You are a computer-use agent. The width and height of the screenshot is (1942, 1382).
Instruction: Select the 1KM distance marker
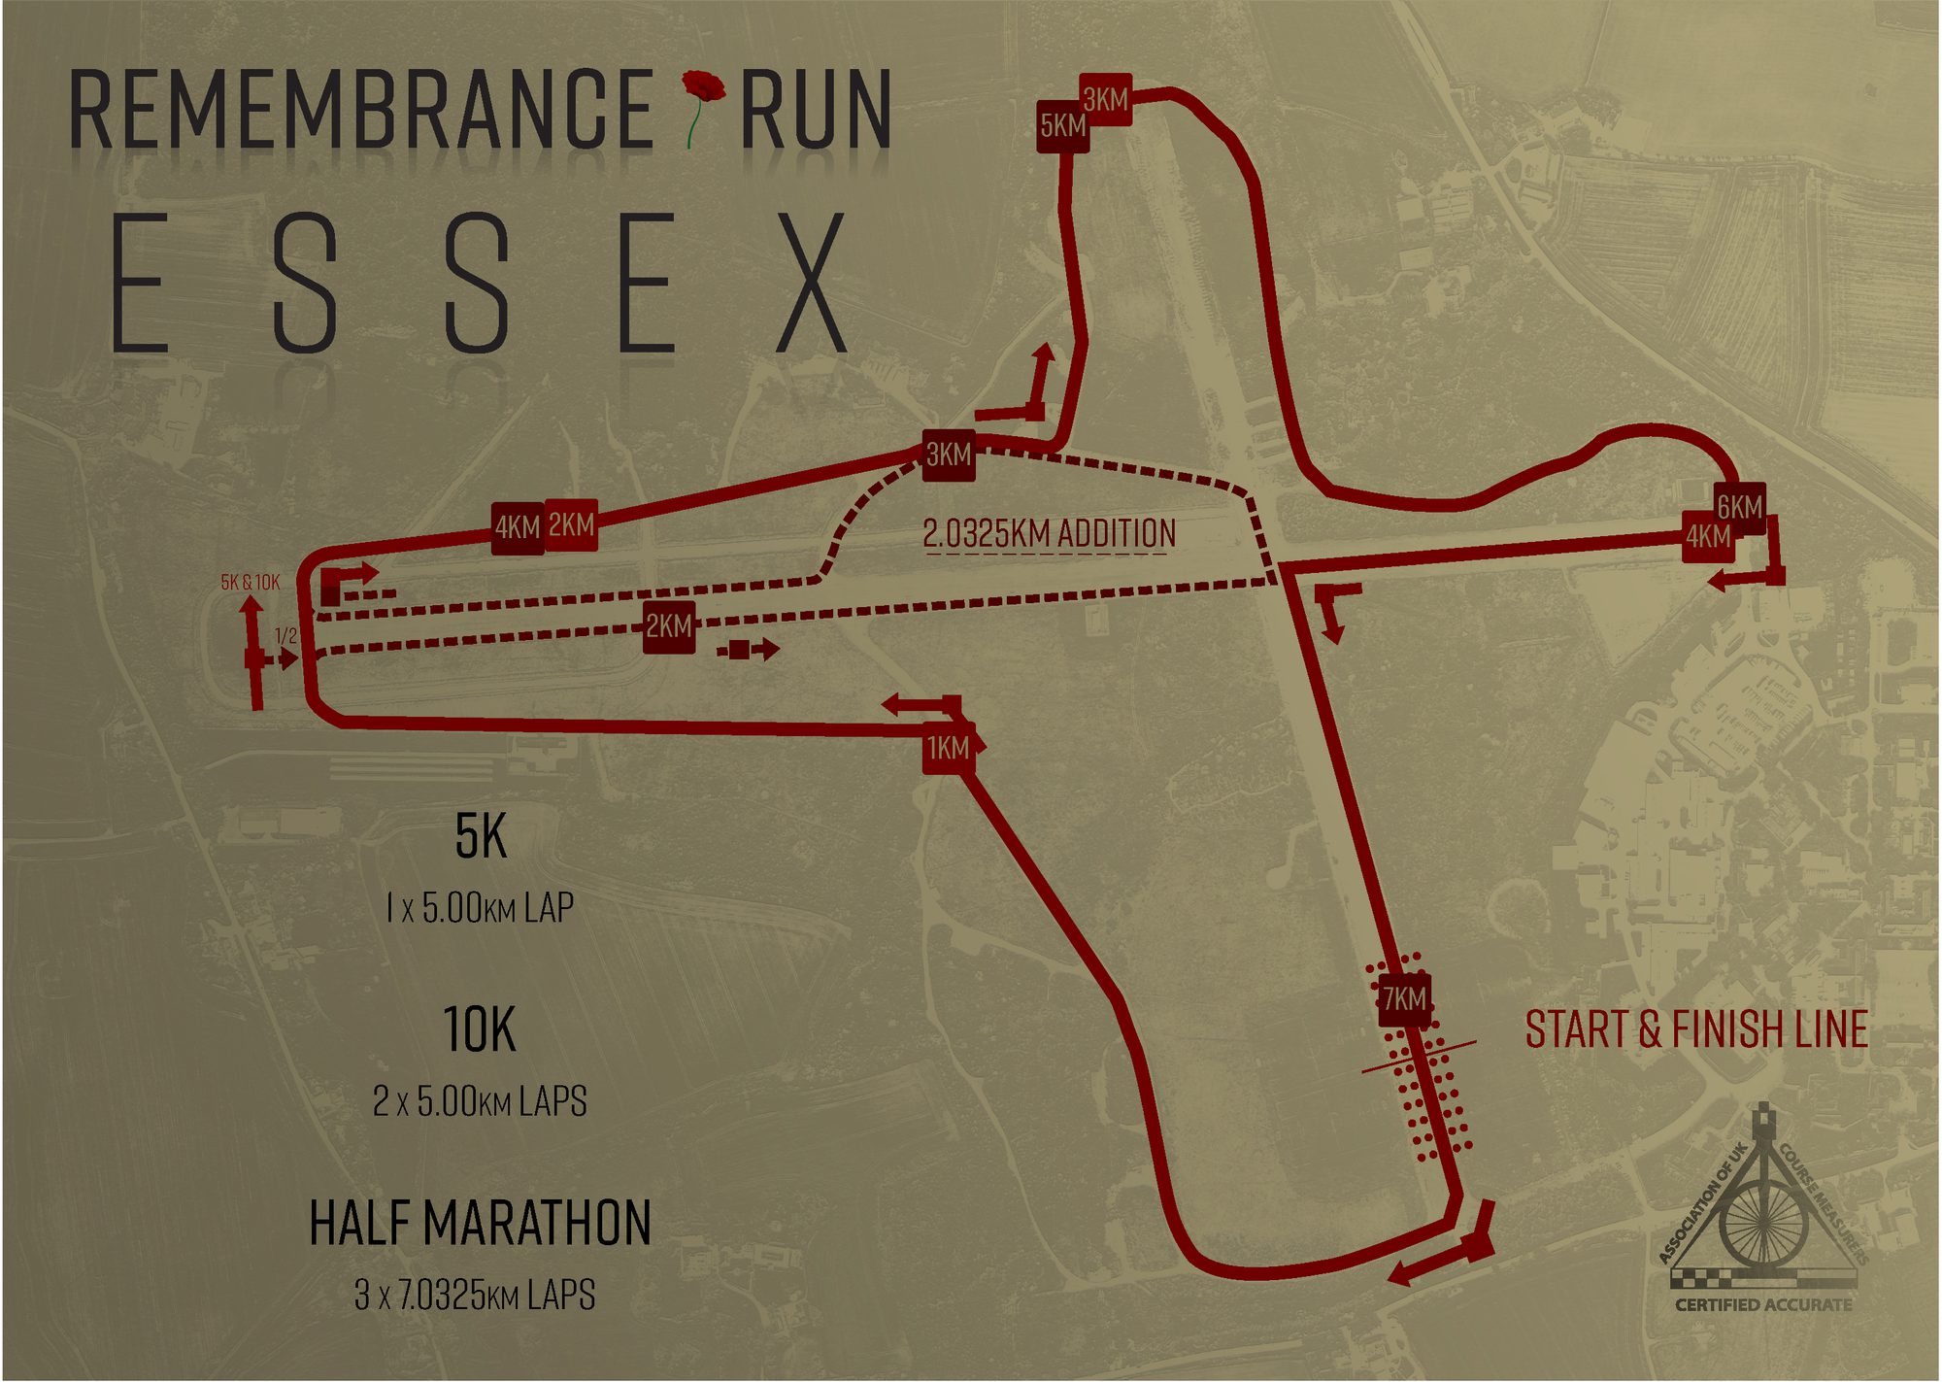coord(948,748)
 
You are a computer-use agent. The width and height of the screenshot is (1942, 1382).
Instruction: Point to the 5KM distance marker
coord(1062,126)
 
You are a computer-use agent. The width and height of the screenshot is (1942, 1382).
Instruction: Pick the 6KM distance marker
coord(1739,507)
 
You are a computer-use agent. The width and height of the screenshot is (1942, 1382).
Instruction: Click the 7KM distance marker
coord(1404,998)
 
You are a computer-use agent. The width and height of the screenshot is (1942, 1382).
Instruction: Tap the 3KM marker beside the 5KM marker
coord(1106,99)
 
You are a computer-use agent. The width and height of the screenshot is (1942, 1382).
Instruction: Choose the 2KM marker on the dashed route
coord(669,626)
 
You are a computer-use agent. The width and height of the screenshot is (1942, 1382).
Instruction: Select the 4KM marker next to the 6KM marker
coord(1707,536)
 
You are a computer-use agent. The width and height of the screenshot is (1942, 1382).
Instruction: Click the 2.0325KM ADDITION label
coord(1049,533)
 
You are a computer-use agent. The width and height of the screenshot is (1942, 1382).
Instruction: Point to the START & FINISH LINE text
coord(1696,1029)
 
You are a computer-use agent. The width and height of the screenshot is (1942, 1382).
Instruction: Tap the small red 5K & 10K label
coord(251,582)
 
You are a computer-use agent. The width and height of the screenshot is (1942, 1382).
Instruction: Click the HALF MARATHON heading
coord(480,1223)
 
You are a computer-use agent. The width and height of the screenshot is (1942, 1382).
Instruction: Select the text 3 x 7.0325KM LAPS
coord(475,1295)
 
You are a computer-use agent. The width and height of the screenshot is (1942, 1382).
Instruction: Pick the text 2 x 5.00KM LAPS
coord(480,1101)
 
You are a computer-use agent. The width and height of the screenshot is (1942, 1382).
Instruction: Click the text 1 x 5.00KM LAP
coord(480,908)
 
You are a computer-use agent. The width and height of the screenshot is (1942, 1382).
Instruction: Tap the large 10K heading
coord(480,1029)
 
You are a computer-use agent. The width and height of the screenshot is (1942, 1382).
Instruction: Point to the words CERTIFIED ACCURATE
coord(1763,1304)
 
